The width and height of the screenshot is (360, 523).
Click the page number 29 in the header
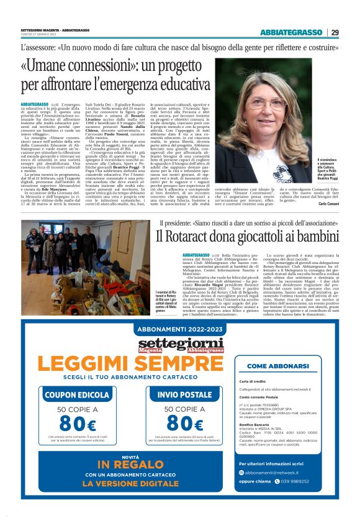click(x=335, y=32)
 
